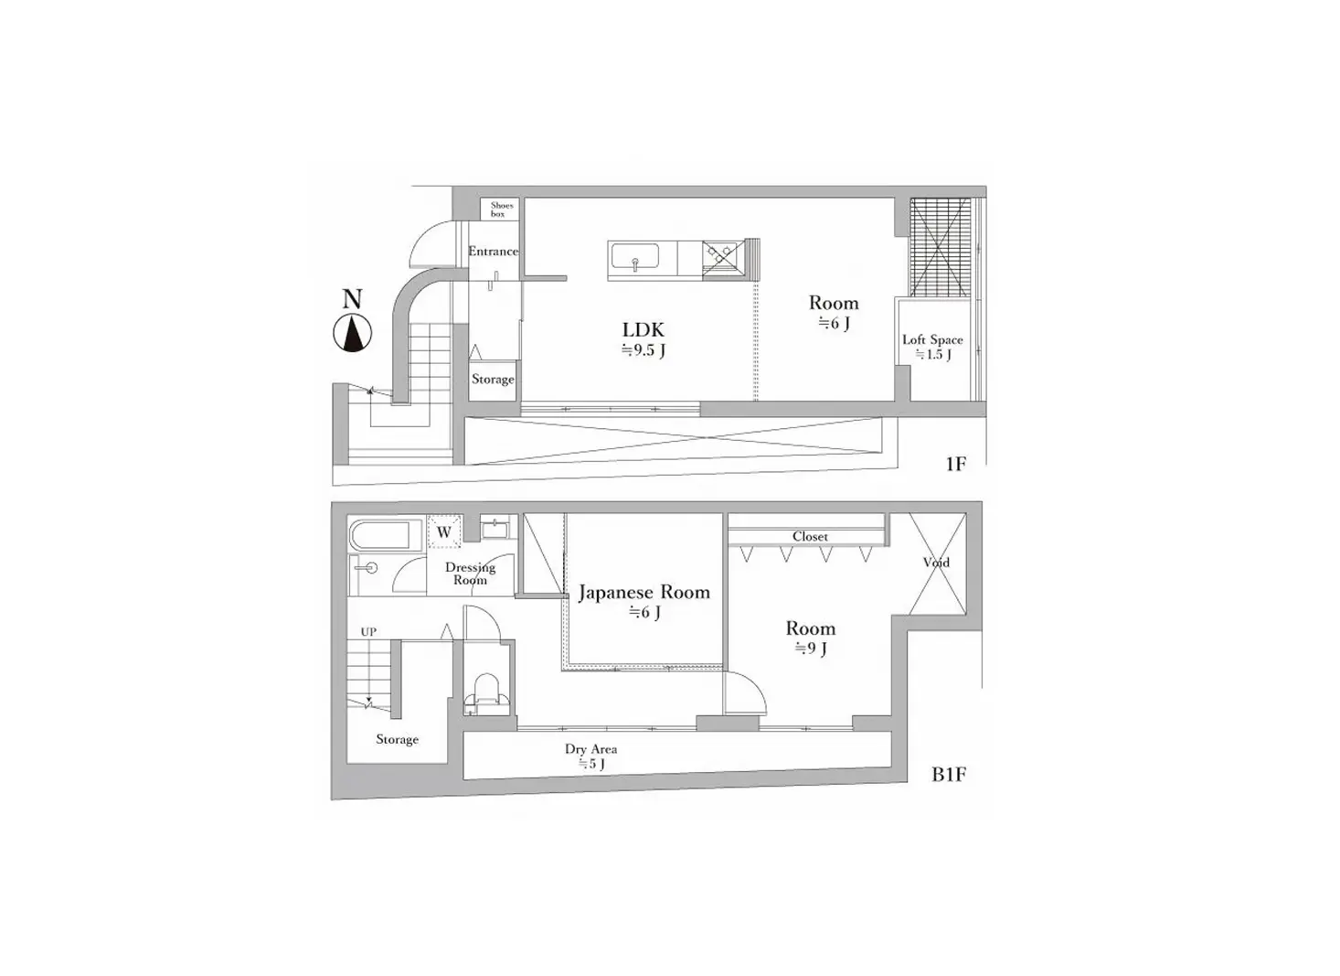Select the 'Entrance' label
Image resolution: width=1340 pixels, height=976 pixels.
[493, 252]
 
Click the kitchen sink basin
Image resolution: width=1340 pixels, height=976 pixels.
[634, 257]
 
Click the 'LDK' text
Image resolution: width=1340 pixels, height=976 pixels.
[643, 330]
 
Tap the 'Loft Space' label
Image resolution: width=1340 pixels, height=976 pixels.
[932, 339]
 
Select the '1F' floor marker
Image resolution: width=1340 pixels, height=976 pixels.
[956, 464]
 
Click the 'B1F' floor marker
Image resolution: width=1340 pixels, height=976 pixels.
[949, 775]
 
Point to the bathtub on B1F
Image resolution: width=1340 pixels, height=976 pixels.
[380, 535]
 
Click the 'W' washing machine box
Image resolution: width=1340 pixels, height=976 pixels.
[444, 531]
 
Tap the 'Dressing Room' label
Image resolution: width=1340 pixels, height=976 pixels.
[470, 574]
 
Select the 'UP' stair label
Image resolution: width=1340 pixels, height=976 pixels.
[368, 632]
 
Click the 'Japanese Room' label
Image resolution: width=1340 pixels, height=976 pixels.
[644, 592]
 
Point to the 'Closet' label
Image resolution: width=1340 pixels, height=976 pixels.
[810, 537]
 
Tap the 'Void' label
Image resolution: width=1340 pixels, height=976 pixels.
[936, 563]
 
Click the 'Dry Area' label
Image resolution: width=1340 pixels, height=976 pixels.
[591, 748]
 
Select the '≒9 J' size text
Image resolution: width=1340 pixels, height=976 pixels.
[811, 649]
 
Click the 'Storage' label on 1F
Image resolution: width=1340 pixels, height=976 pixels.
[493, 379]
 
